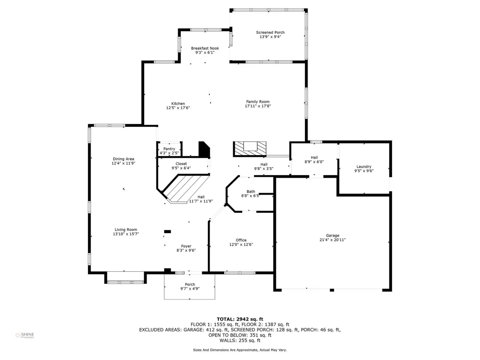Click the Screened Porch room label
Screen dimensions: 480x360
pos(270,32)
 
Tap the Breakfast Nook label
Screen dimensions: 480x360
pos(205,48)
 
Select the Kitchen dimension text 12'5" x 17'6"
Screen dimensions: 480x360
pos(178,108)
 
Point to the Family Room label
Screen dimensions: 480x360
pos(258,102)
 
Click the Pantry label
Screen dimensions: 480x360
pos(169,149)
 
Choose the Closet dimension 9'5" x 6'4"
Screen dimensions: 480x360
pos(181,168)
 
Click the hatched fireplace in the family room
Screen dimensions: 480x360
pos(250,149)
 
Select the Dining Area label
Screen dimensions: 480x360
pos(123,159)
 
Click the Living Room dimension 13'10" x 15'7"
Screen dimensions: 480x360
pos(126,234)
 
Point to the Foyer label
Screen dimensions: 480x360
pos(186,246)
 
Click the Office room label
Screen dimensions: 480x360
pos(241,240)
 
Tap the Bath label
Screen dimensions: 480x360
pos(251,191)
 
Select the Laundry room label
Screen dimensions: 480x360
pos(364,166)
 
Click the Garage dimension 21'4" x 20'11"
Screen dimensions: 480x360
pos(333,240)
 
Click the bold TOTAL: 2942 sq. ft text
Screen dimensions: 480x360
pos(240,319)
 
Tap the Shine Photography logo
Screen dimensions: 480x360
pos(25,335)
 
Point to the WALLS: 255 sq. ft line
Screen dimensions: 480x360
pos(240,341)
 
